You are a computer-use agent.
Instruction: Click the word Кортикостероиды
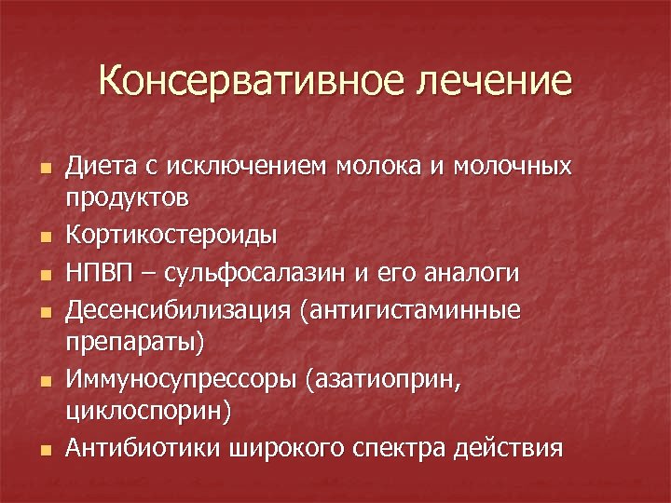[171, 236]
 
